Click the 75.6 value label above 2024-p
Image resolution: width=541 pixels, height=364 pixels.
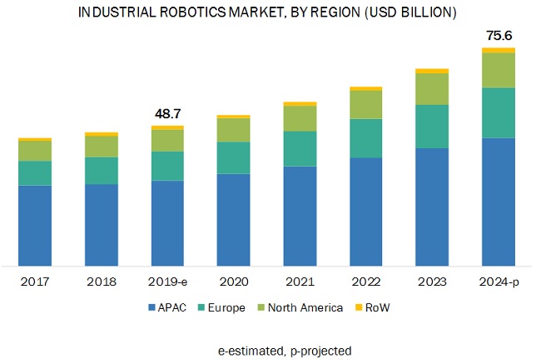[x=499, y=35]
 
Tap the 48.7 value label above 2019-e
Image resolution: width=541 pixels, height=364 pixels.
[x=167, y=112]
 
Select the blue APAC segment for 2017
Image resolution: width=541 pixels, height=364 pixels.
[x=35, y=225]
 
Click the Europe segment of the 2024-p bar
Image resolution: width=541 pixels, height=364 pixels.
[x=499, y=112]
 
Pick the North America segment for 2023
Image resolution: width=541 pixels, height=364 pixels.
[x=432, y=89]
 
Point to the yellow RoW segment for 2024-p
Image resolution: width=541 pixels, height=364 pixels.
[x=499, y=51]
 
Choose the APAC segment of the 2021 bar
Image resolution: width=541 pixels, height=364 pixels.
[x=300, y=216]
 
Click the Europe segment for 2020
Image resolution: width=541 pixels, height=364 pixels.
[x=233, y=157]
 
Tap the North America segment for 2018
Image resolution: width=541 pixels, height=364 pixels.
[x=102, y=147]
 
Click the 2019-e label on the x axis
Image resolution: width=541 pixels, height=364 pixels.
[x=167, y=282]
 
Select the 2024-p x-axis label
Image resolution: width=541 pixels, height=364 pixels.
[x=499, y=282]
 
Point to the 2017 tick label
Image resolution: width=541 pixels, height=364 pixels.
[x=35, y=282]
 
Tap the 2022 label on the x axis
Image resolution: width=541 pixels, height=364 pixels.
[x=366, y=282]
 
